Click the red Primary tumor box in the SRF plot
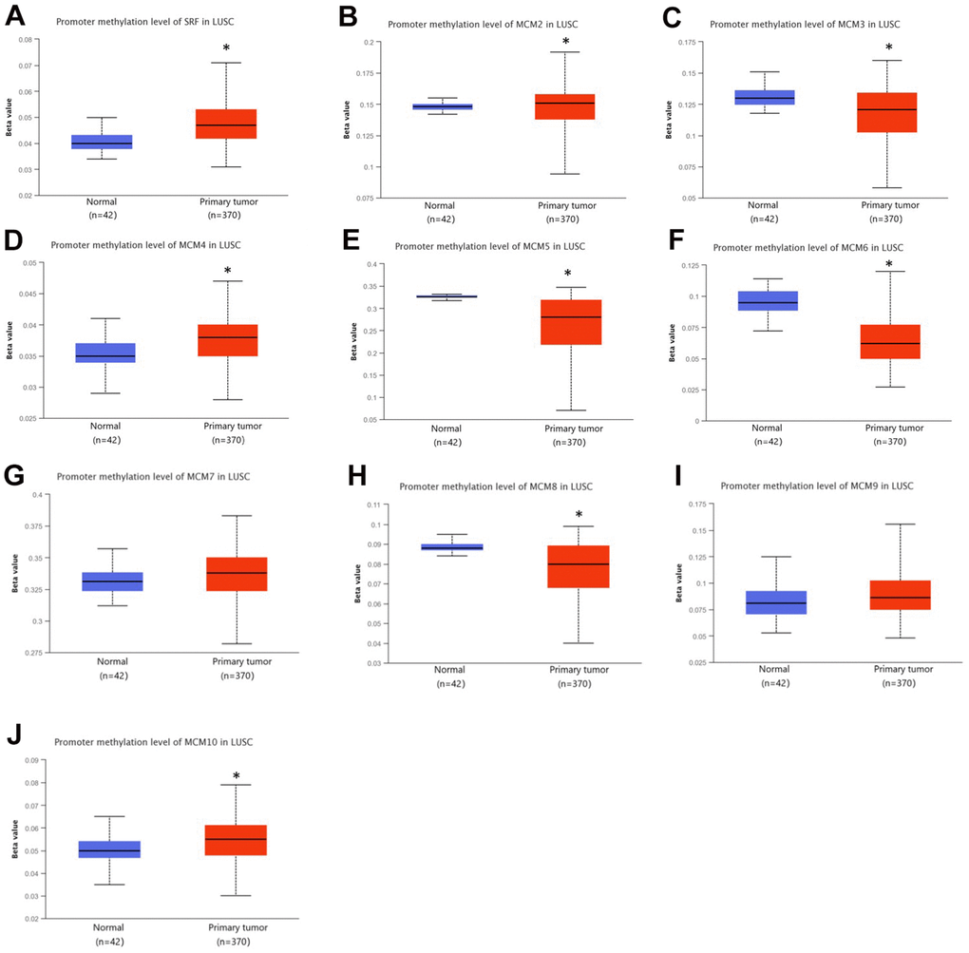(x=226, y=124)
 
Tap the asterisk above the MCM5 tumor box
(x=567, y=275)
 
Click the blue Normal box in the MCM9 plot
(x=776, y=602)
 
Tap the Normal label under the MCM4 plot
(x=106, y=426)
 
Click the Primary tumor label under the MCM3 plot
(x=889, y=205)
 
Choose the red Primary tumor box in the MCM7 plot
(x=227, y=574)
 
